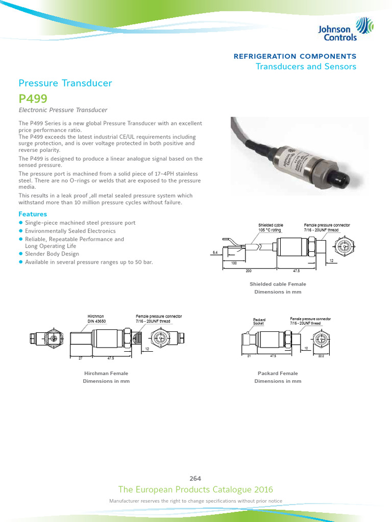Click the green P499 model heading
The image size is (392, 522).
pyautogui.click(x=33, y=99)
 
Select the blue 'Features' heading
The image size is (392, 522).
pyautogui.click(x=33, y=214)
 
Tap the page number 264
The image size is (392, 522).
pyautogui.click(x=195, y=478)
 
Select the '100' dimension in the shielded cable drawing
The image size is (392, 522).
pyautogui.click(x=234, y=263)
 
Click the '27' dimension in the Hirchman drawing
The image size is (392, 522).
pyautogui.click(x=80, y=358)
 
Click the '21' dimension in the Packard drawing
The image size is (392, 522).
pyautogui.click(x=249, y=356)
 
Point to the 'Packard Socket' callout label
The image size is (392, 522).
pyautogui.click(x=260, y=321)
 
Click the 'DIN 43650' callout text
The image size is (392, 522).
pyautogui.click(x=96, y=321)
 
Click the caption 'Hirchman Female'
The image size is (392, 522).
pyautogui.click(x=106, y=373)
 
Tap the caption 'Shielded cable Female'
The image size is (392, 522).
pyautogui.click(x=278, y=284)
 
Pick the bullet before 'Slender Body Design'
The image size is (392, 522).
pyautogui.click(x=21, y=253)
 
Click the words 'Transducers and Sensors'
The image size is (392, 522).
pyautogui.click(x=306, y=67)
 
